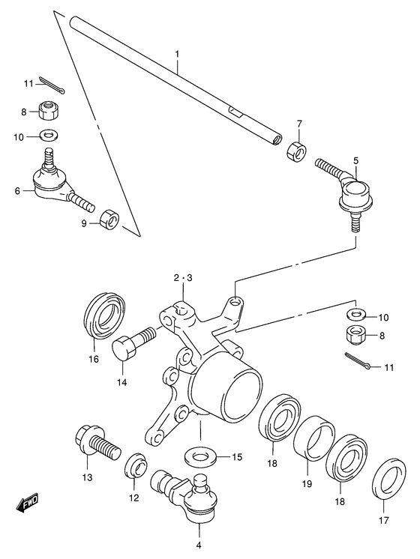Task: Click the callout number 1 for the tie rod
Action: coord(178,54)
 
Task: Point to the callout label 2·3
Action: coord(184,278)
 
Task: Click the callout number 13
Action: coord(88,478)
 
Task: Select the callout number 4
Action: coord(199,545)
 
